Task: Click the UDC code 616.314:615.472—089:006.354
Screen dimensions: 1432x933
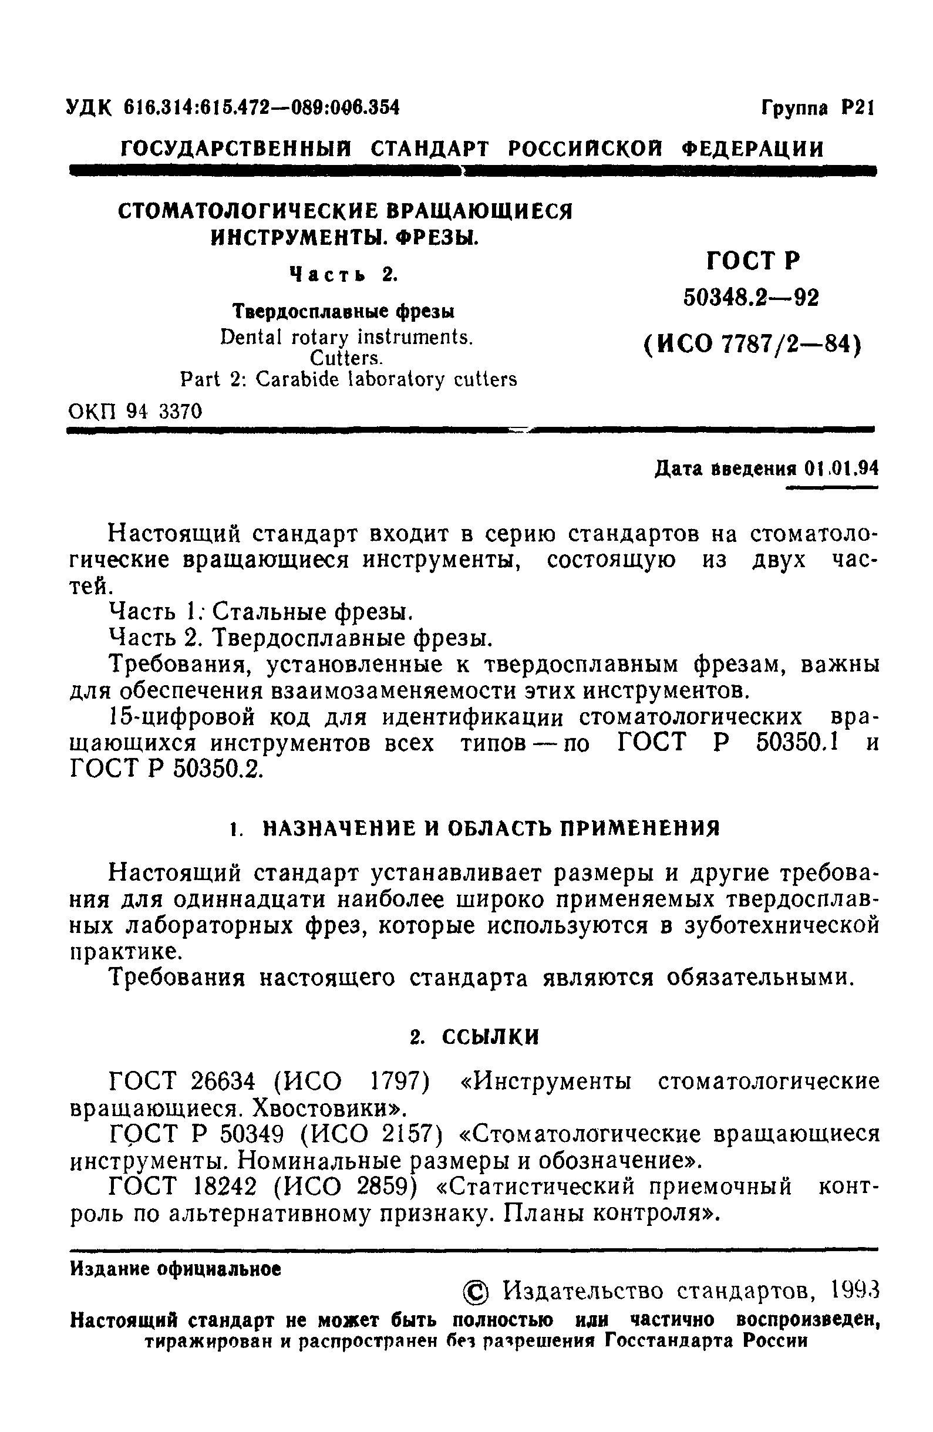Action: [261, 107]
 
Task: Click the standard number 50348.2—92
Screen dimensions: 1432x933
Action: [751, 297]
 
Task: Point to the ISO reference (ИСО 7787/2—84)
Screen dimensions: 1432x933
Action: [752, 344]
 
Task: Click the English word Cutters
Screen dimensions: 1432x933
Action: [346, 358]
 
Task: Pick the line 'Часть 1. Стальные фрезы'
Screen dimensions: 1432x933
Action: [261, 612]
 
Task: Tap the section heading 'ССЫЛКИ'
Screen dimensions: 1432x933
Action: [490, 1037]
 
